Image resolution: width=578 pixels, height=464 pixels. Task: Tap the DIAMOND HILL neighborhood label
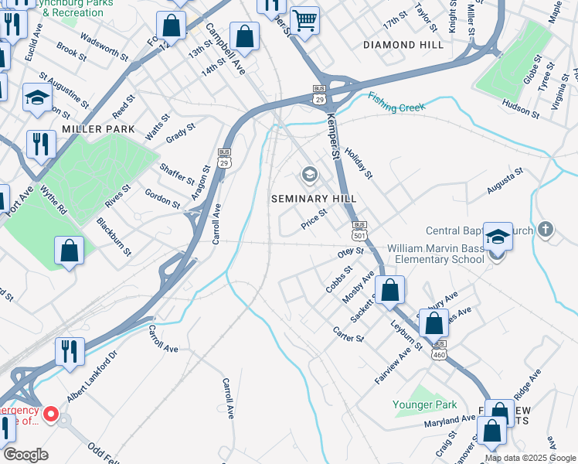click(x=403, y=45)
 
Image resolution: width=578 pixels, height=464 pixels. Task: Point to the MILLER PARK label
click(x=99, y=129)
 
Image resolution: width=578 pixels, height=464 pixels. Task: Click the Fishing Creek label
click(x=396, y=102)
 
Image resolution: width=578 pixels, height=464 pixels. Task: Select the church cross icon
click(x=546, y=230)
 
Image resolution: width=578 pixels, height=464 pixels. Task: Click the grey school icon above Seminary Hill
click(x=310, y=175)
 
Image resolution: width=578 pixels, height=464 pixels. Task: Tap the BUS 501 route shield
click(x=359, y=229)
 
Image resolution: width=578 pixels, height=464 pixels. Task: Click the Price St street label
click(x=314, y=221)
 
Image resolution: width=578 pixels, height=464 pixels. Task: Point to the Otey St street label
click(x=350, y=251)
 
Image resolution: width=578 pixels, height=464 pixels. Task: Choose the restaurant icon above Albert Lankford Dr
click(x=70, y=351)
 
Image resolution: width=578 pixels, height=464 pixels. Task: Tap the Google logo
click(x=26, y=455)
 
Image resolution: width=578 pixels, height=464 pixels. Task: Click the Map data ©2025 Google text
click(x=530, y=458)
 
